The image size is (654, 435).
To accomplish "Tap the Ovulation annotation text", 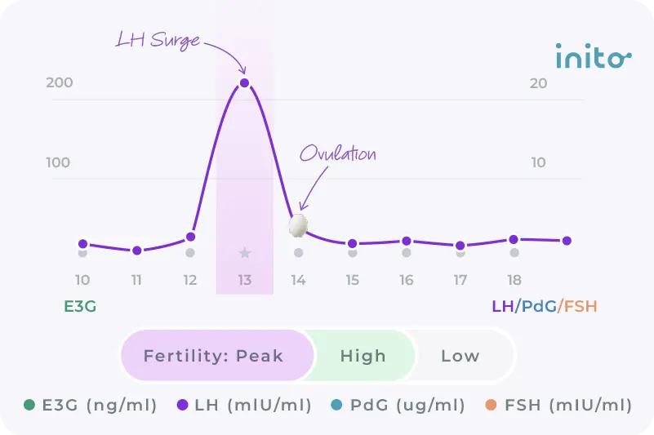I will point(337,153).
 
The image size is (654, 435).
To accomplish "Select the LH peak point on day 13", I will point(244,82).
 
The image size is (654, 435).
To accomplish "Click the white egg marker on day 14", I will point(300,226).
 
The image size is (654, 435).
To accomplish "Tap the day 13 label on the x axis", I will point(244,280).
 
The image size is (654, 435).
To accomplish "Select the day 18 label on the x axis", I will point(514,280).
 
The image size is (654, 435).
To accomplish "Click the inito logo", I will point(594,58).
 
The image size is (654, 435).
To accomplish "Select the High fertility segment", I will point(363,356).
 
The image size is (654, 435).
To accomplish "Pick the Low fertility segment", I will point(460,356).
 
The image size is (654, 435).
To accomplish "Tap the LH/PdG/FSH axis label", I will point(544,307).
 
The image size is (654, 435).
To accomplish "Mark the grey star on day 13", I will point(244,253).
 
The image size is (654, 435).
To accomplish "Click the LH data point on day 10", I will point(82,243).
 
